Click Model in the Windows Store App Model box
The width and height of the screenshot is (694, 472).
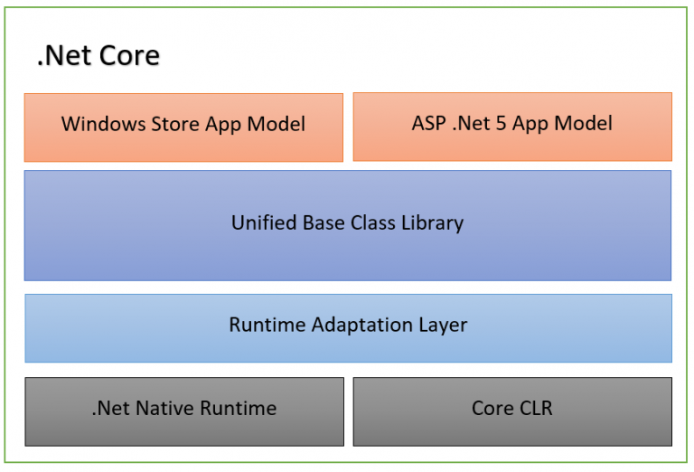tap(277, 125)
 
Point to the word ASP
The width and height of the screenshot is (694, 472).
tap(431, 124)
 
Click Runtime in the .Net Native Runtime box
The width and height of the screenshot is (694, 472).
tap(240, 409)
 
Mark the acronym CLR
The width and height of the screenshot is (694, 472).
tap(534, 409)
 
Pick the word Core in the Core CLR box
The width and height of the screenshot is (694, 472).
tap(492, 409)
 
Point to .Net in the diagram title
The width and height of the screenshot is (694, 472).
tap(61, 56)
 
